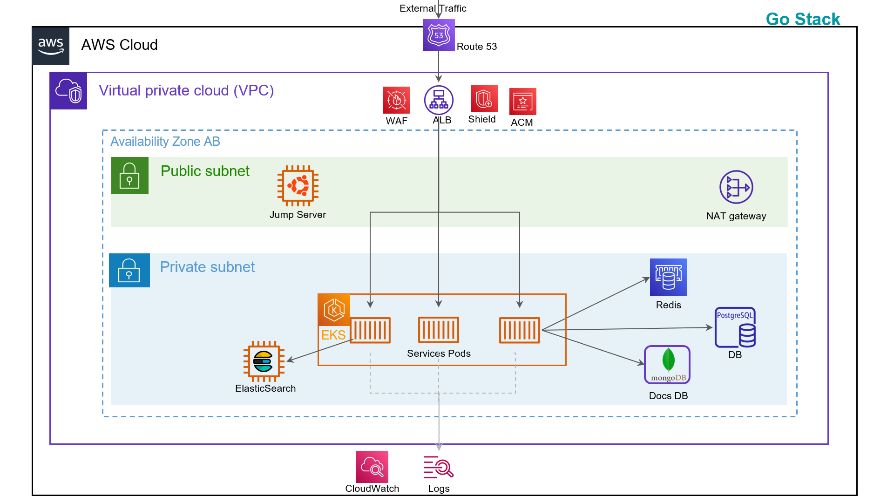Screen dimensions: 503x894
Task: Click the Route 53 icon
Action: click(439, 35)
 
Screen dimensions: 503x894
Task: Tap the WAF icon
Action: click(397, 100)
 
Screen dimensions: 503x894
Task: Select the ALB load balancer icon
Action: click(439, 100)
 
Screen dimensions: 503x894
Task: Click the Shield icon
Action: click(484, 99)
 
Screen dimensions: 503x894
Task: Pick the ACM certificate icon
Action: click(522, 102)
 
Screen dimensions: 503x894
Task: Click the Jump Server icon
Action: click(298, 186)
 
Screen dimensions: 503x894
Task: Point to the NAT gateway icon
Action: click(736, 187)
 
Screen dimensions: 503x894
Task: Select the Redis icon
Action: click(668, 277)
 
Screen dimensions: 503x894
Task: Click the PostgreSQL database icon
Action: click(735, 327)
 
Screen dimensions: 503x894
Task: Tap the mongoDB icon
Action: click(667, 365)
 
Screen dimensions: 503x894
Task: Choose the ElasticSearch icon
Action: click(264, 361)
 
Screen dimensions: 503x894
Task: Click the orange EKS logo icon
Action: click(334, 310)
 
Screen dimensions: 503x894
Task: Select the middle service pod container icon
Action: click(439, 330)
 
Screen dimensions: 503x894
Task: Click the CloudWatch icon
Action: click(372, 467)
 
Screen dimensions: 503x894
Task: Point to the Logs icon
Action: click(439, 467)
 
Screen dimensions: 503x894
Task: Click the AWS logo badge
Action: click(51, 46)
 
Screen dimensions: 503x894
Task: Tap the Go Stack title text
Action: click(803, 19)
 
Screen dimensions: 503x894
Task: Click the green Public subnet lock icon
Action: click(130, 176)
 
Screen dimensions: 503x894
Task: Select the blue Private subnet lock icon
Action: click(129, 271)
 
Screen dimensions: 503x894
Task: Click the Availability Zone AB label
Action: click(165, 142)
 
